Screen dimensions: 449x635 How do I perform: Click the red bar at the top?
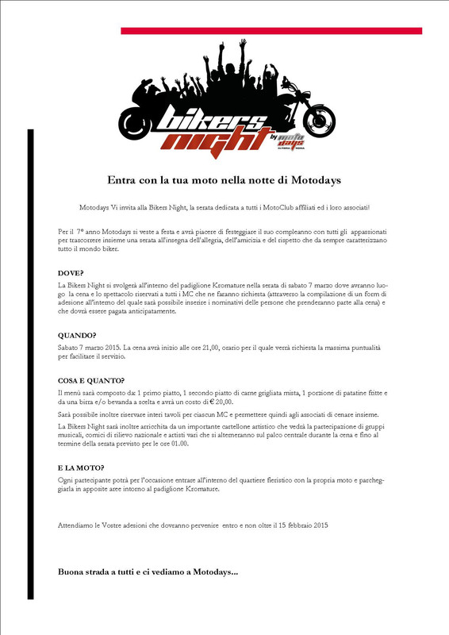(x=271, y=31)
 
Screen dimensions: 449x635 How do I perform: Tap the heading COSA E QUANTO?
(x=91, y=380)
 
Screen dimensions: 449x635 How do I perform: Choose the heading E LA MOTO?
(x=82, y=468)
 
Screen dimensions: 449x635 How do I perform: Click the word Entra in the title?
(x=123, y=180)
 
